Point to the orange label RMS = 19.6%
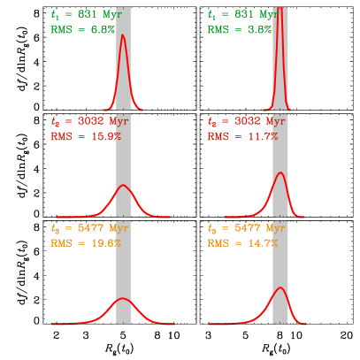[x=86, y=243]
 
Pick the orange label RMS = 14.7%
[x=243, y=243]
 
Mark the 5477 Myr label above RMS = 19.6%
[x=89, y=228]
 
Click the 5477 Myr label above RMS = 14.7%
[x=247, y=228]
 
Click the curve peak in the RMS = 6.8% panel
[x=123, y=36]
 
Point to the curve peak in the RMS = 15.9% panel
[x=124, y=186]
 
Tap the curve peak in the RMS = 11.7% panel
[x=280, y=172]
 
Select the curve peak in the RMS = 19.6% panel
[x=124, y=299]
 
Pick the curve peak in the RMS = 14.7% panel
[x=280, y=288]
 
